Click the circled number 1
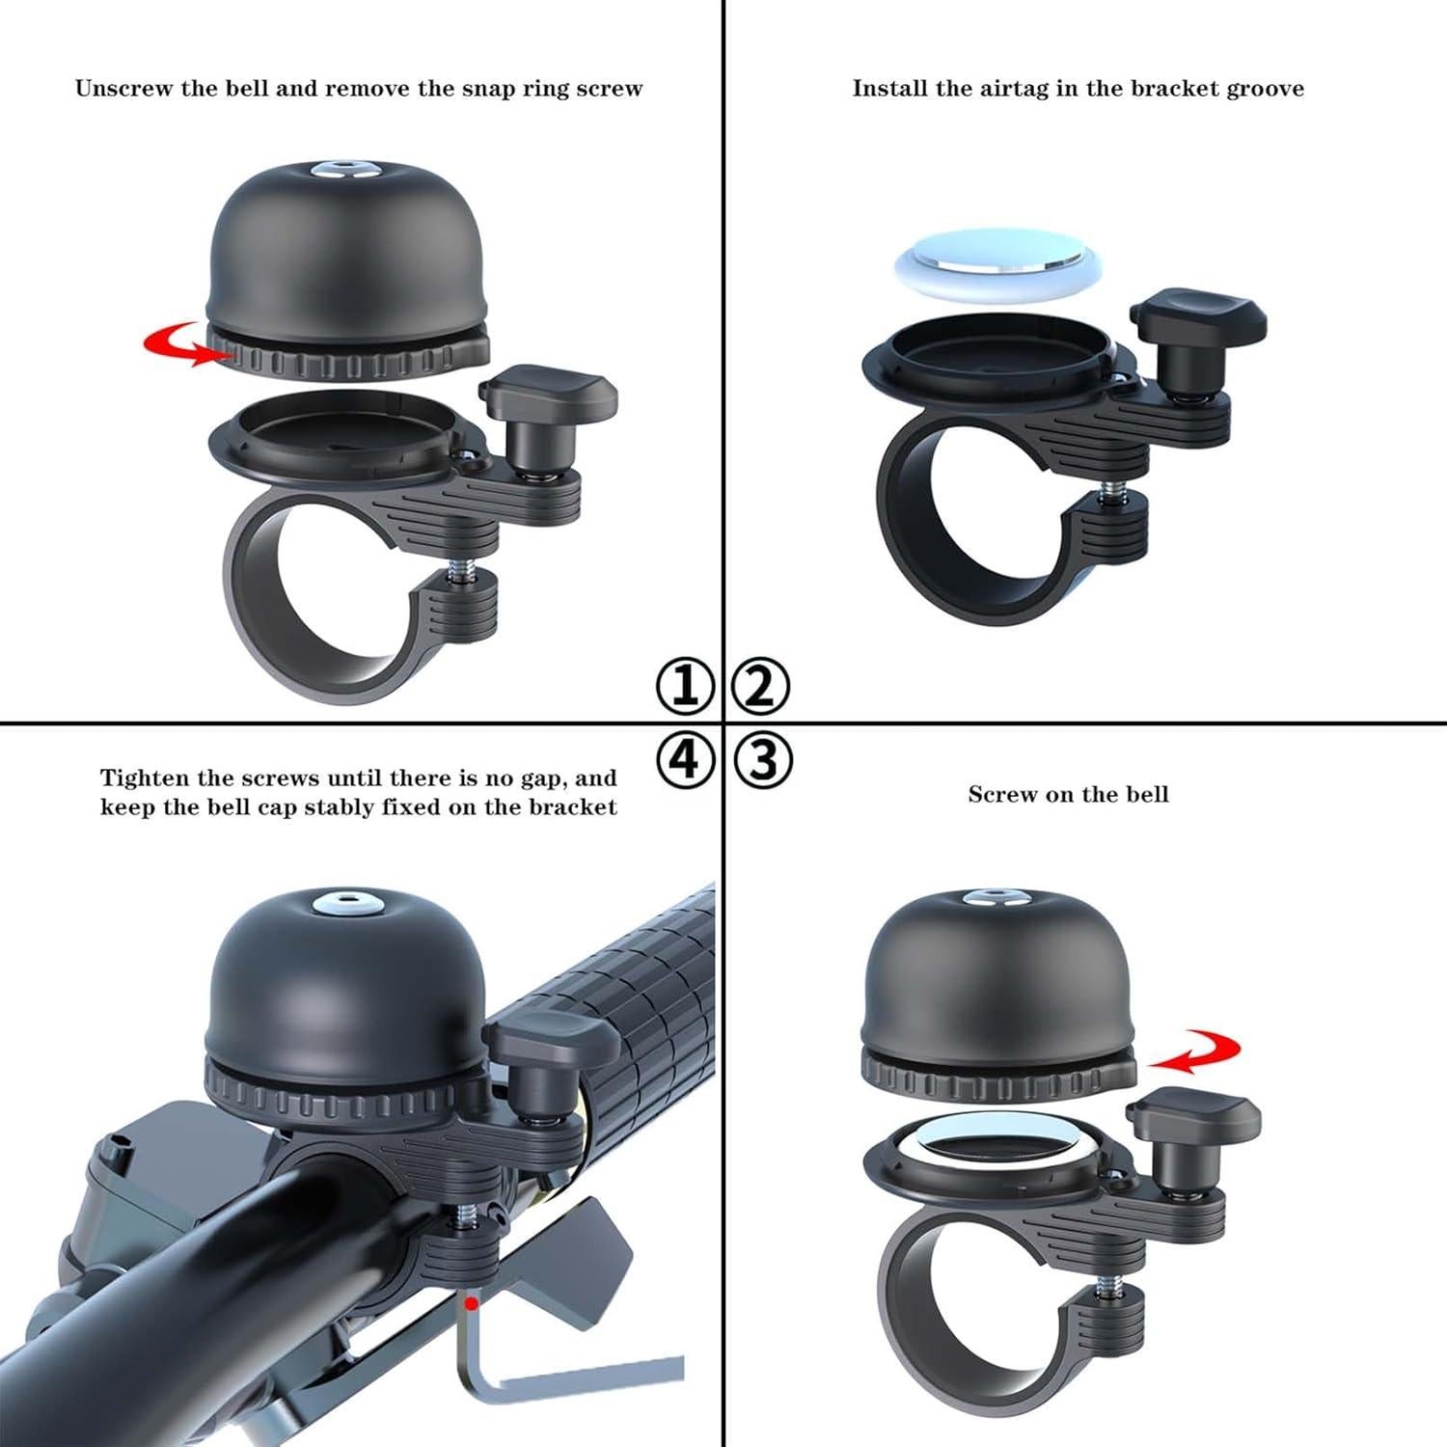click(x=685, y=687)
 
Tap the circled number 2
click(x=761, y=687)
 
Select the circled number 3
click(x=763, y=759)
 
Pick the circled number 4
click(x=685, y=759)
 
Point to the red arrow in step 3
click(x=1196, y=1052)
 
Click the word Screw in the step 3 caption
click(x=1000, y=795)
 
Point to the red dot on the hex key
click(x=471, y=1304)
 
